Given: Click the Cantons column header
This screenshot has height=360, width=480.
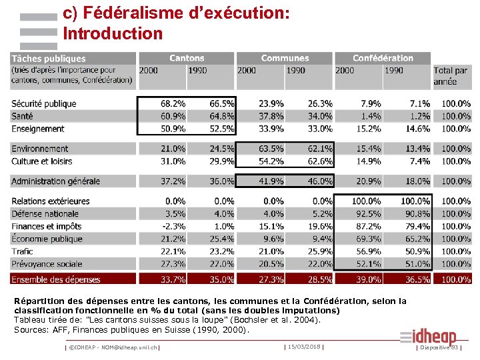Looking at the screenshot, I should click(x=187, y=59).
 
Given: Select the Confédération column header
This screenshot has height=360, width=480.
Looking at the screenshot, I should click(x=383, y=59).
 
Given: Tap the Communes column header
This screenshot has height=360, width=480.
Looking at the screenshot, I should click(x=285, y=59).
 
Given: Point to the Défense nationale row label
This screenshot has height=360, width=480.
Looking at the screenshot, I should click(x=45, y=213).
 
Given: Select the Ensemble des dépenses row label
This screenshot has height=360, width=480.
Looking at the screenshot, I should click(x=55, y=279).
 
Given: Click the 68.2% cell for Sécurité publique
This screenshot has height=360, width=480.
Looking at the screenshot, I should click(x=173, y=103).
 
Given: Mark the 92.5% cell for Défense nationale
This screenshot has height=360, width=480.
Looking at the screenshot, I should click(x=367, y=213).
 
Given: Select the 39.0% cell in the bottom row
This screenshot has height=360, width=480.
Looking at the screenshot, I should click(x=367, y=279).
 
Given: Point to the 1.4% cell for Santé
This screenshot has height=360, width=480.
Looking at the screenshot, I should click(x=371, y=116).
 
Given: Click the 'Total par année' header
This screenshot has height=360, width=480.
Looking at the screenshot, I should click(x=451, y=75).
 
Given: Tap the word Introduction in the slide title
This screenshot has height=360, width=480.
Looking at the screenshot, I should click(x=112, y=33).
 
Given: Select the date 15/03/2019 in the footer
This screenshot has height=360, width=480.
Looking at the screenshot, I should click(x=304, y=347).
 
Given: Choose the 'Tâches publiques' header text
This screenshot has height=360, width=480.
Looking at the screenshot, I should click(x=49, y=59).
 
